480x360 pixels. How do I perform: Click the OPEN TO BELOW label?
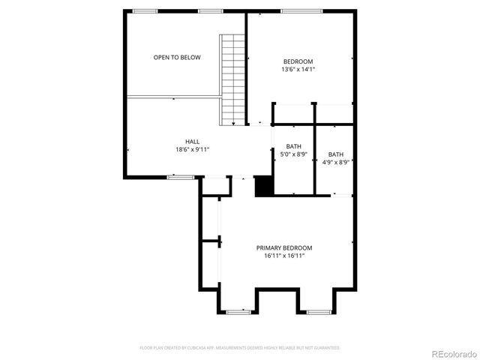177,57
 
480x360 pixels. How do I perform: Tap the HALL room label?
193,141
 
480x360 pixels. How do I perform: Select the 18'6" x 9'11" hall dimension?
193,149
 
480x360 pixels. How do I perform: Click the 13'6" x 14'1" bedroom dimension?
298,69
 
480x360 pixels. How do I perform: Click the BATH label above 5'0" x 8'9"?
293,145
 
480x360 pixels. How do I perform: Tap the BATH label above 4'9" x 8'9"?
336,153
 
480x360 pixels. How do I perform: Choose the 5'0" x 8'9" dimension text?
293,154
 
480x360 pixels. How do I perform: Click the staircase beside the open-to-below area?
233,79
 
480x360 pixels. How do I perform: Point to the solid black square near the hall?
262,186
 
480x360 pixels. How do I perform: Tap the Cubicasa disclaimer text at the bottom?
240,348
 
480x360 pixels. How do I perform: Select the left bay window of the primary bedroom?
238,310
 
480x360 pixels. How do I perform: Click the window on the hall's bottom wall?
181,177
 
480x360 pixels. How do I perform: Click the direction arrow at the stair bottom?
233,122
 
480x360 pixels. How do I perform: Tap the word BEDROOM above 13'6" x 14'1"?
298,61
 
